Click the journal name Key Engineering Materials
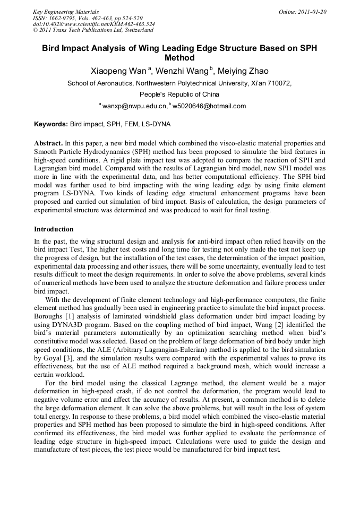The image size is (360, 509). [x=66, y=12]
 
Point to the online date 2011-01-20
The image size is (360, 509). [x=310, y=12]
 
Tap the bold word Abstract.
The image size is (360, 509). [x=48, y=143]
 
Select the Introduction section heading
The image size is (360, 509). [x=54, y=229]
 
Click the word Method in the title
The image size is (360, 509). [x=180, y=58]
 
